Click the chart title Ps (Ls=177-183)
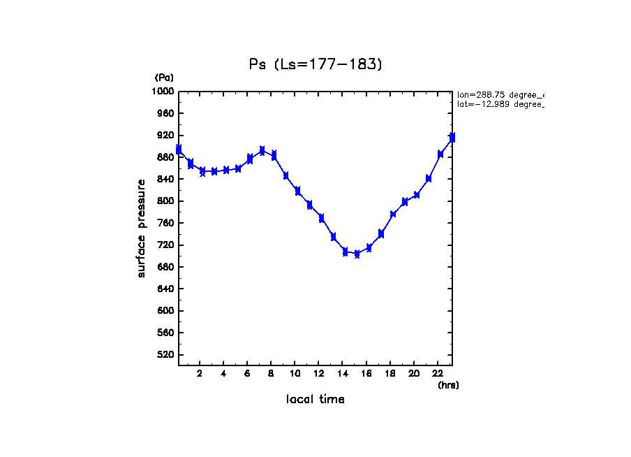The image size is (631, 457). point(315,64)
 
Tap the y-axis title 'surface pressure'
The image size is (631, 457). point(142,228)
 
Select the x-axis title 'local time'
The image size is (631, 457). point(315,400)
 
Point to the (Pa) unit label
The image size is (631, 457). point(164,78)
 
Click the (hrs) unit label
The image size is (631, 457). point(448,385)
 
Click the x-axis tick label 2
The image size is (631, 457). point(200,374)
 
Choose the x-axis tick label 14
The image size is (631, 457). point(342,374)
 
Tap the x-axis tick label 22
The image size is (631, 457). point(437,374)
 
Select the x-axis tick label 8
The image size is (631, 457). point(271,374)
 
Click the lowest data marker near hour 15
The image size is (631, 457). point(357,254)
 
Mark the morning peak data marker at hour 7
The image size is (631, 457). point(262,151)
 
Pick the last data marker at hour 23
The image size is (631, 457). point(452,138)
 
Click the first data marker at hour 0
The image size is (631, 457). point(179,150)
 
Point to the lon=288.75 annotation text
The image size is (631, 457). point(500,94)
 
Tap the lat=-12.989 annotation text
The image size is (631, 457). point(500,104)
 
